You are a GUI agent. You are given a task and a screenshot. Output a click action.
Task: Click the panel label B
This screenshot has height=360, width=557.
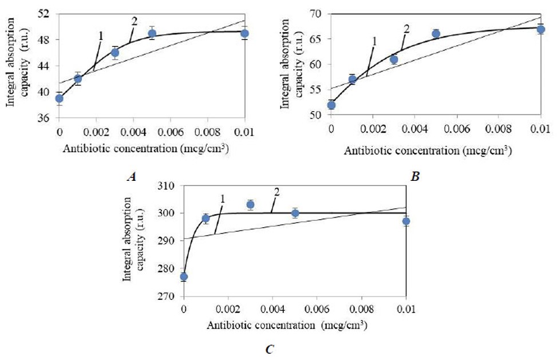click(415, 177)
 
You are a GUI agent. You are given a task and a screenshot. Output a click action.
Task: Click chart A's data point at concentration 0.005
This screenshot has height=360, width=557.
click(152, 33)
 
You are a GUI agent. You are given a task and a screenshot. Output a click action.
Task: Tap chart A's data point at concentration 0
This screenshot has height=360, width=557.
click(59, 98)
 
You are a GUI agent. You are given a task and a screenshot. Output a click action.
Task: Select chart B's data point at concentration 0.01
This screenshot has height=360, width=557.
click(540, 29)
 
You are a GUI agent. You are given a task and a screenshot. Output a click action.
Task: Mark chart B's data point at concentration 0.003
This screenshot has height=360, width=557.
click(394, 60)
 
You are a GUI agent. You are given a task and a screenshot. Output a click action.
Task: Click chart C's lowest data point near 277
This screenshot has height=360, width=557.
click(184, 277)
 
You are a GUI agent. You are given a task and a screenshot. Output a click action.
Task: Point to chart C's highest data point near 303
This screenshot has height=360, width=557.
click(250, 204)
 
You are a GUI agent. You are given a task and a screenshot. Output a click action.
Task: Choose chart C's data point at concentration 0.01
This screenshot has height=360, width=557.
click(406, 221)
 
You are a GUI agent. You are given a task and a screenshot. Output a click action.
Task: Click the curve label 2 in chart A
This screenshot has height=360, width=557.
click(135, 21)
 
